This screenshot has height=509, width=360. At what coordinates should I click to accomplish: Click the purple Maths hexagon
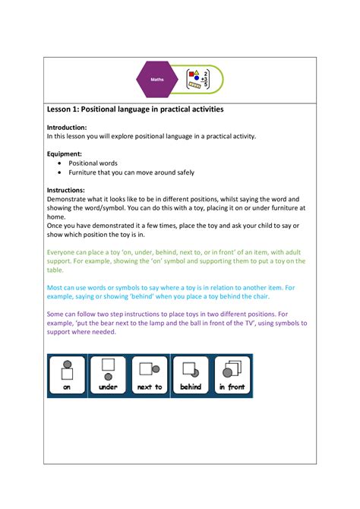157,79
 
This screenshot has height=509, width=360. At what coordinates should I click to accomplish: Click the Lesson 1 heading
135,109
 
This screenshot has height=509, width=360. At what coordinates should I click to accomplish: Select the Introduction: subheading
67,127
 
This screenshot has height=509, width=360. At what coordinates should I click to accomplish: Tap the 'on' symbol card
67,375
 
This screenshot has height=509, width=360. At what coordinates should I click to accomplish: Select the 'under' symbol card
108,375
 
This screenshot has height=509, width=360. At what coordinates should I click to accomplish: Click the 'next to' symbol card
149,375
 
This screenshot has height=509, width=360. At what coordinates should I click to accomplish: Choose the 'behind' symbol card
190,375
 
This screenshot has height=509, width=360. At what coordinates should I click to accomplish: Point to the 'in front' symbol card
232,375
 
